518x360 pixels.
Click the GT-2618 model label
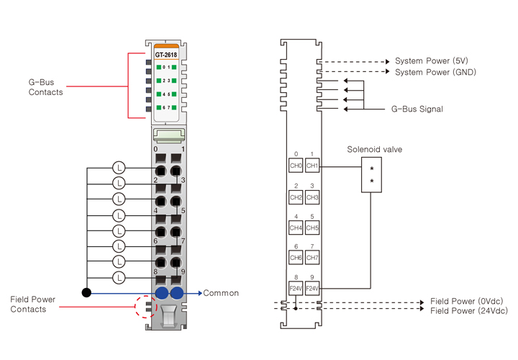tap(166, 55)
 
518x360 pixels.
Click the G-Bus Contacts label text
tap(45, 87)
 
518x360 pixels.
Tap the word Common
tap(221, 293)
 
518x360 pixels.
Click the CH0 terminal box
tap(296, 166)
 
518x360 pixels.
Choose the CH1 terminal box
tap(312, 166)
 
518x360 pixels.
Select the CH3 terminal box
tap(312, 197)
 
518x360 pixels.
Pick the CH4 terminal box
tap(296, 228)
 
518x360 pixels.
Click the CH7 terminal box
tap(312, 258)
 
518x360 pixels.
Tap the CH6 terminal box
tap(296, 258)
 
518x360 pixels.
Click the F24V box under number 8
tap(296, 289)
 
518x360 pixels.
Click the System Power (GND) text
tap(435, 72)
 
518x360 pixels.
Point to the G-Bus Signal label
tap(417, 109)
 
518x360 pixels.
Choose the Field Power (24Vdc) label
tap(468, 311)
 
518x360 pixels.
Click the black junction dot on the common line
tap(86, 292)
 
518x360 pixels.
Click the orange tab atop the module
tap(166, 47)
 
